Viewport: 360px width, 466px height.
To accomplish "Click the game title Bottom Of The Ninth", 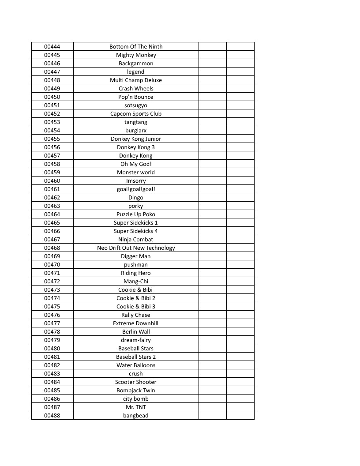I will pyautogui.click(x=136, y=46).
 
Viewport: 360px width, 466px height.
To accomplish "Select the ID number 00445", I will pyautogui.click(x=52, y=55).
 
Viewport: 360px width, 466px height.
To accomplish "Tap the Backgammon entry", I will pyautogui.click(x=136, y=63).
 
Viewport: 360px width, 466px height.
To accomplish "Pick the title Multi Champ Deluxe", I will pyautogui.click(x=136, y=80).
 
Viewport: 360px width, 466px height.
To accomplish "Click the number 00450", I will pyautogui.click(x=52, y=97).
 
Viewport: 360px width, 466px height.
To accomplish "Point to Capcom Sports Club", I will pyautogui.click(x=136, y=113).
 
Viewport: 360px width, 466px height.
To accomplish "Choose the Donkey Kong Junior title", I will pyautogui.click(x=136, y=139).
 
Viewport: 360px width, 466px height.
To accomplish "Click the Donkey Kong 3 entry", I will pyautogui.click(x=136, y=147).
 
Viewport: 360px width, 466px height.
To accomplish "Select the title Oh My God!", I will pyautogui.click(x=136, y=164).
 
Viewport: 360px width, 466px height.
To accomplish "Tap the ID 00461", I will pyautogui.click(x=52, y=189).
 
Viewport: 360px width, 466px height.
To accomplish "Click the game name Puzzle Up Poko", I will pyautogui.click(x=136, y=214).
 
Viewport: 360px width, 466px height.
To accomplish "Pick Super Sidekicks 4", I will pyautogui.click(x=136, y=231).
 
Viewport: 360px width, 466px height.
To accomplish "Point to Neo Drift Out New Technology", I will pyautogui.click(x=136, y=248).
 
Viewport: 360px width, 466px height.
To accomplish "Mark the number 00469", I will pyautogui.click(x=52, y=256).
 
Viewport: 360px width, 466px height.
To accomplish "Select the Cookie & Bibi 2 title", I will pyautogui.click(x=136, y=298).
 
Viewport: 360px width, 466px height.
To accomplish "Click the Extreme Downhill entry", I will pyautogui.click(x=136, y=323).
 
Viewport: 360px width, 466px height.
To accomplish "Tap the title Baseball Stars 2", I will pyautogui.click(x=136, y=357).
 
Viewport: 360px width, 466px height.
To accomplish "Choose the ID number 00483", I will pyautogui.click(x=52, y=373).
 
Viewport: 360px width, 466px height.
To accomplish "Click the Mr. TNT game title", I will pyautogui.click(x=136, y=407).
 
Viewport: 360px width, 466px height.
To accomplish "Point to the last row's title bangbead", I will pyautogui.click(x=136, y=415).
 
